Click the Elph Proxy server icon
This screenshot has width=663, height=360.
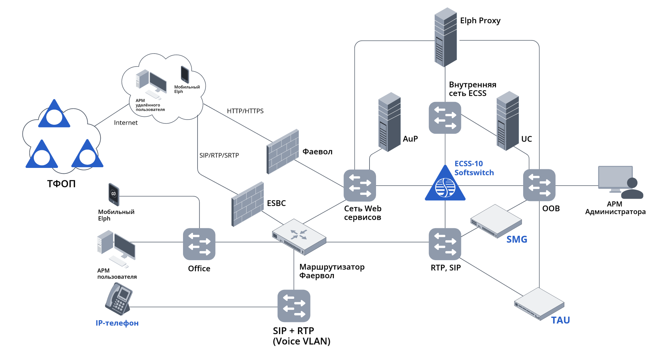click(445, 37)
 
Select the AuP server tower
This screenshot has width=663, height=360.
click(389, 122)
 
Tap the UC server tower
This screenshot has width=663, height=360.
click(508, 121)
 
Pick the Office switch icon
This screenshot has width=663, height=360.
click(199, 244)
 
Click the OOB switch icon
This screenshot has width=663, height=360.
click(539, 185)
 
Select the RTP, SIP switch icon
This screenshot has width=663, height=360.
click(445, 244)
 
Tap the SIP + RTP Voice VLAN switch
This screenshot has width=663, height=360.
click(294, 306)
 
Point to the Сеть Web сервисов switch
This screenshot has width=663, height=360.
click(359, 186)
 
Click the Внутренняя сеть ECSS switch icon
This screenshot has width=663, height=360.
click(445, 118)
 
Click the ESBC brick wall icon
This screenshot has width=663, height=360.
click(248, 204)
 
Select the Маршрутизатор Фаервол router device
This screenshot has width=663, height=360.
click(299, 237)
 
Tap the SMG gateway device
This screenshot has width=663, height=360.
click(496, 221)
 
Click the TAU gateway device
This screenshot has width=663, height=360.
click(539, 304)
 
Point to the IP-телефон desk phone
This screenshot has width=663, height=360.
click(119, 299)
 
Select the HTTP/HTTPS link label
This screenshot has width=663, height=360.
click(245, 111)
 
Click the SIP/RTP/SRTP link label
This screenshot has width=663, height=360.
click(219, 155)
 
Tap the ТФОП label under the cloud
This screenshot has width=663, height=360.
click(61, 184)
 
